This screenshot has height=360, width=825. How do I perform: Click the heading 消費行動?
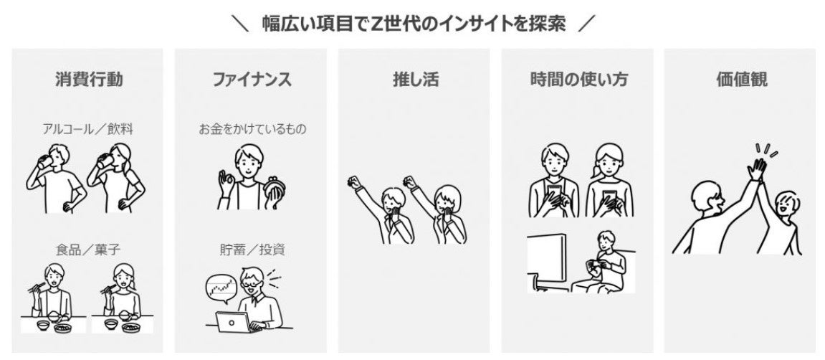pos(89,80)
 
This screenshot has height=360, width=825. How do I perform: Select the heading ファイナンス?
pos(252,80)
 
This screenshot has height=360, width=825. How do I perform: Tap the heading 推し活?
pos(415,80)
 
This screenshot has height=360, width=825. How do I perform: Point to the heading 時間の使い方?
pos(578,80)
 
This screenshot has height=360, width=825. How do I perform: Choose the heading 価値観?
pos(741,80)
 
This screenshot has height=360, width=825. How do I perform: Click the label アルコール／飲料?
pos(88,129)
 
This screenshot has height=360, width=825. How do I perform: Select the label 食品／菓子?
pos(88,249)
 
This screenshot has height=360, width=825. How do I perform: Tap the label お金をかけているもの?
pos(252,129)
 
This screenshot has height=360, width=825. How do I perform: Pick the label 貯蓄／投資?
pos(252,249)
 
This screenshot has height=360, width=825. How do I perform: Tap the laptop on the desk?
pos(232,321)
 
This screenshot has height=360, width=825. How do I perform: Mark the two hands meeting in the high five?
pos(757,169)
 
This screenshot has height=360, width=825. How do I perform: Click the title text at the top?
pos(414,24)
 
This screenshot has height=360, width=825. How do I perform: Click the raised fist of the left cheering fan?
pos(354,183)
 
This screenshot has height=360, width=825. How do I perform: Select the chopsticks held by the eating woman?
pos(108,288)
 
